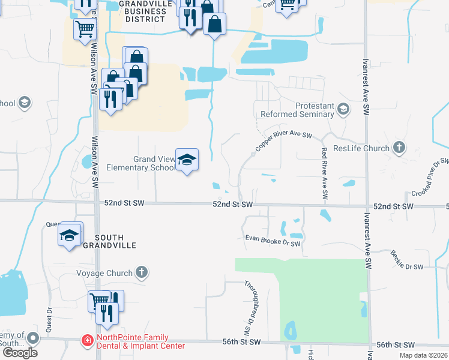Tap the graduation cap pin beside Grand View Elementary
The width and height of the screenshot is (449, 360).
coord(187,160)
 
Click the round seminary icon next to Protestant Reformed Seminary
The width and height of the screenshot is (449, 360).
coord(343,109)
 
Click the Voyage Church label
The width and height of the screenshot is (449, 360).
coord(104,273)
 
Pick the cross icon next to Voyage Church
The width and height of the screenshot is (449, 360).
coord(141,273)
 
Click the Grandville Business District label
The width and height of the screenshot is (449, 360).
coord(142,11)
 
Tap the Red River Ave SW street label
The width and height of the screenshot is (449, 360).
coord(324,173)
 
